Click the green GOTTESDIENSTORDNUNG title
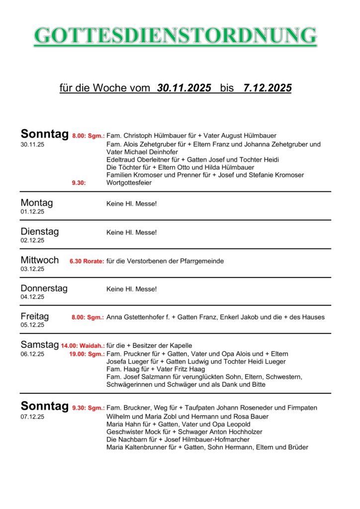click(175, 36)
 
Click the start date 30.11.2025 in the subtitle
click(184, 88)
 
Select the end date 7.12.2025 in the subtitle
click(267, 88)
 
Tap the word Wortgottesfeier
click(129, 183)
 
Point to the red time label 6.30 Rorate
click(87, 261)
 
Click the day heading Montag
click(37, 203)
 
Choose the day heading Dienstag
click(40, 232)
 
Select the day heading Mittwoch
click(40, 260)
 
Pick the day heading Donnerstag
click(44, 288)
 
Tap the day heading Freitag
click(35, 316)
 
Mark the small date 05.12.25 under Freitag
click(32, 325)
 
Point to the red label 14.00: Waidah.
click(83, 345)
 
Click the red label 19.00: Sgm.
click(87, 354)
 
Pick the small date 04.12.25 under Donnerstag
click(32, 297)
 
